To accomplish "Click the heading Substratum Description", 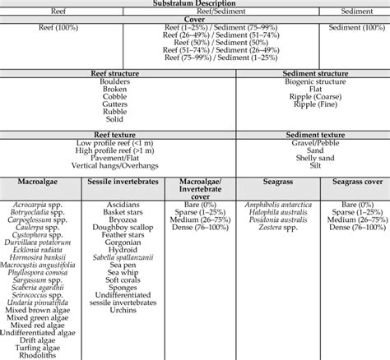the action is (x=194, y=4).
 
